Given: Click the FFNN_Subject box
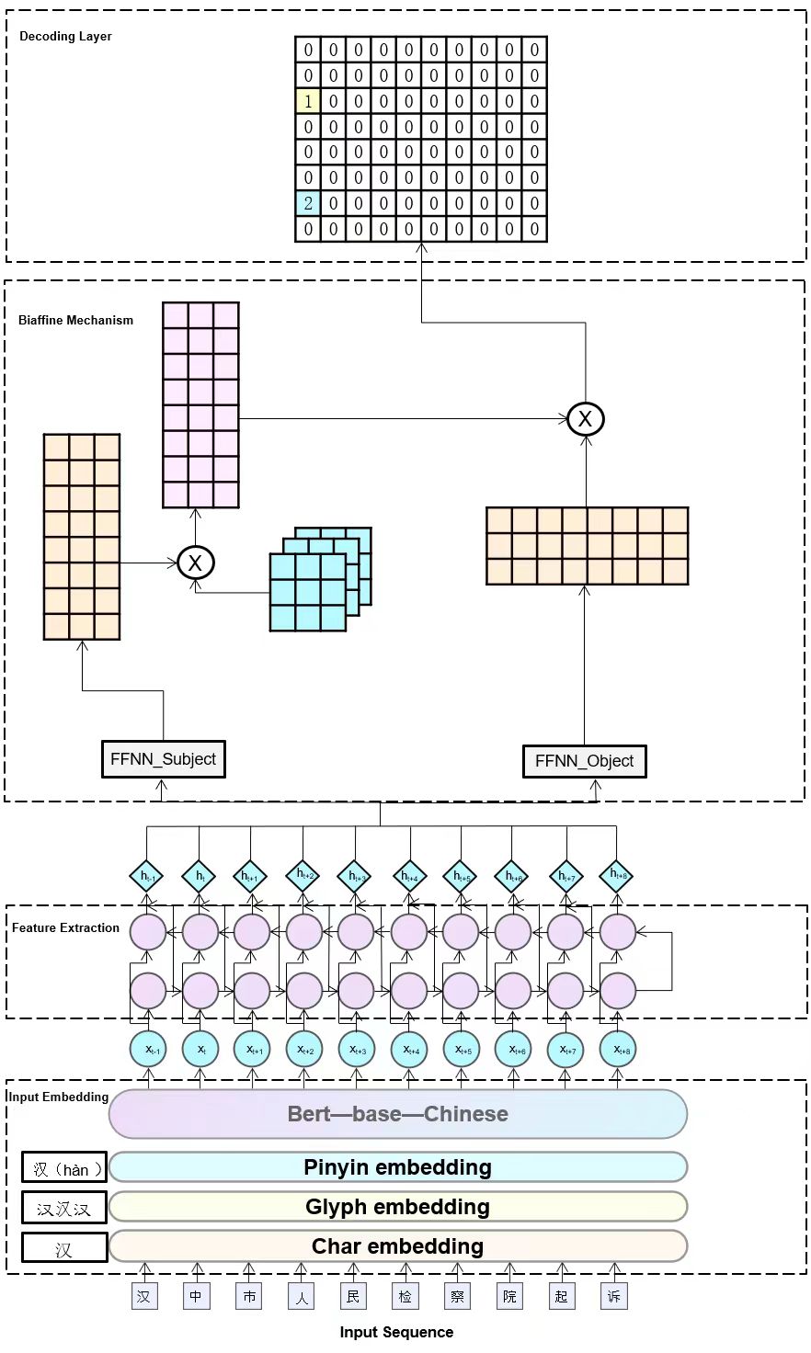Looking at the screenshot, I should point(163,759).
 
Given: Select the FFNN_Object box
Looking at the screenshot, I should point(584,761).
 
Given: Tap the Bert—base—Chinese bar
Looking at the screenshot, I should point(397,1114).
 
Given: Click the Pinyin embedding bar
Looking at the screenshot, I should point(397,1167).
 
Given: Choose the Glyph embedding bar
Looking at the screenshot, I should point(397,1207).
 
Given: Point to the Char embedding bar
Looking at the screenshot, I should point(397,1246).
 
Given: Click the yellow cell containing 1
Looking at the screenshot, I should point(308,101).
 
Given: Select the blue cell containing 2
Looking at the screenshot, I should point(308,203).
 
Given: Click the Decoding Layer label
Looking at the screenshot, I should point(65,37).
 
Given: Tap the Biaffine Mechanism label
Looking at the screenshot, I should point(75,321).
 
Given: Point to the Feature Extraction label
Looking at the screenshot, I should point(65,928).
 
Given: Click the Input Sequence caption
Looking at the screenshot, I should point(396,1333).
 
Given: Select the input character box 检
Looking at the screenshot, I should point(405,1296).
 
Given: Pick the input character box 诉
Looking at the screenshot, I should point(614,1296).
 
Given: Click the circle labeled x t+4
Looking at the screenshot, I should point(409,1050).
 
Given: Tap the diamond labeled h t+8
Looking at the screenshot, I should point(617,876).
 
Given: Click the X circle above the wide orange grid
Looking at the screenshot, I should point(585,419).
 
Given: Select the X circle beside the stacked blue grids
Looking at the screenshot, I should point(195,563).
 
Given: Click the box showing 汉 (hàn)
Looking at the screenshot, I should point(63,1168).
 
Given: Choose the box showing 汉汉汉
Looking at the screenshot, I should point(63,1208).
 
